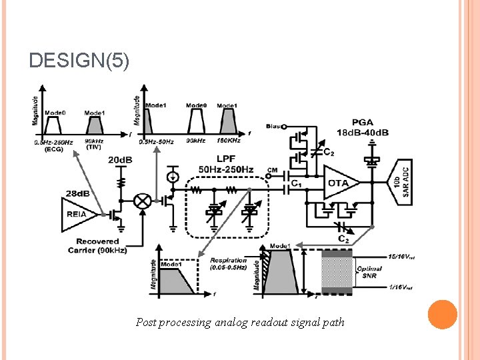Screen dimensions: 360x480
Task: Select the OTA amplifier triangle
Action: coord(339,183)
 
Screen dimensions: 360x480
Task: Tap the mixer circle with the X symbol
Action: coord(141,200)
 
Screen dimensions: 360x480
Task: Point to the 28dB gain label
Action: coord(77,193)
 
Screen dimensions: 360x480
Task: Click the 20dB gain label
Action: coord(120,160)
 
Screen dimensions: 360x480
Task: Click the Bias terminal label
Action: coord(273,125)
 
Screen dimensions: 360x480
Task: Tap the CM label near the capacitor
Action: coord(271,170)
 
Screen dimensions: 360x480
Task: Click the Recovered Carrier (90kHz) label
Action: coord(97,245)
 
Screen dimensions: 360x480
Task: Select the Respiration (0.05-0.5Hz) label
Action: coord(228,263)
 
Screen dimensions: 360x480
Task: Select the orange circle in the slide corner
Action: coord(441,314)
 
